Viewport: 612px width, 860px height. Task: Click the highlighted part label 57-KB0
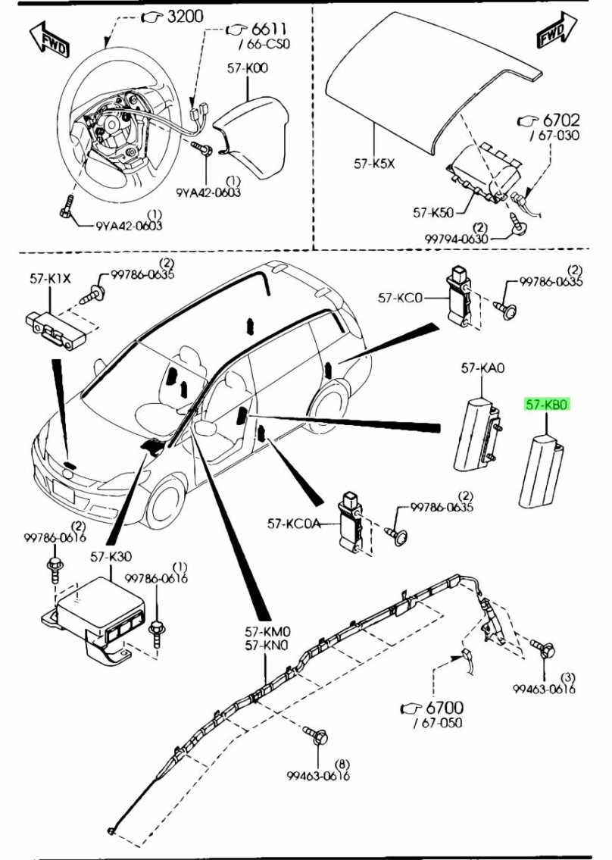coord(548,405)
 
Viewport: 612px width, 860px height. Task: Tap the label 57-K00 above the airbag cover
coord(248,68)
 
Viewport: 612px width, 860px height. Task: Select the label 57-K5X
coord(374,164)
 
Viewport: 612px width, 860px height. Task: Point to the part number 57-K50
coord(433,212)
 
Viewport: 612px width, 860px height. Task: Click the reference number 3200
coord(184,17)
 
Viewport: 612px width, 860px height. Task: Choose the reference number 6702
coord(561,120)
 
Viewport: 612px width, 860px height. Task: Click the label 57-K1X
coord(51,279)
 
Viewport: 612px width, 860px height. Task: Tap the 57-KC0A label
coord(293,524)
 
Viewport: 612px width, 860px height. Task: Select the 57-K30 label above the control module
coord(111,557)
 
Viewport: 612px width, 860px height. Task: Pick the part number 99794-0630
coord(456,239)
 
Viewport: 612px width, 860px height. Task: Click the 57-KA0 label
coord(482,368)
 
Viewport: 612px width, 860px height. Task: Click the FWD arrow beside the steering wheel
coord(49,39)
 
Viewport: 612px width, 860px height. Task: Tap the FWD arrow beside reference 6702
coord(557,31)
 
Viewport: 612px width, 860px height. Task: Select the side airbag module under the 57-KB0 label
coord(542,471)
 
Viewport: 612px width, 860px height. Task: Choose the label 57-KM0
coord(267,632)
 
